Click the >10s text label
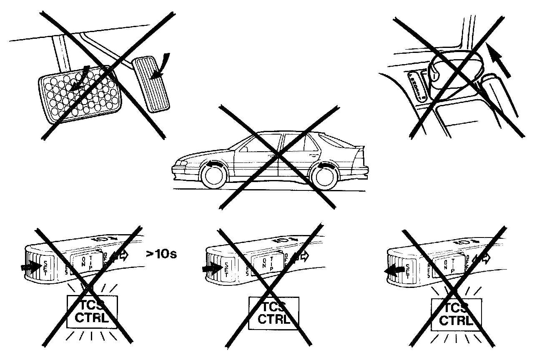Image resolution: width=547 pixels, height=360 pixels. pos(161,254)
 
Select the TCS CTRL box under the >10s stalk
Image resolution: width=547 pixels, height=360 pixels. pos(92,312)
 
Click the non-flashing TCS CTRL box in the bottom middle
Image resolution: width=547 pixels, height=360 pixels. pos(273,313)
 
